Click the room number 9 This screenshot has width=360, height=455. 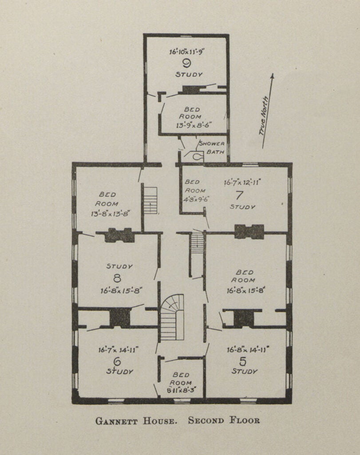(186, 63)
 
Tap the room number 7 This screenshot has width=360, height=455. (239, 195)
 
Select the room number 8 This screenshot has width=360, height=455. (117, 279)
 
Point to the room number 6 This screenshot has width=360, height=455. (117, 361)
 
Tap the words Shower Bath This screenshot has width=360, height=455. (212, 148)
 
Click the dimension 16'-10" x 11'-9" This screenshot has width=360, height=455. (186, 52)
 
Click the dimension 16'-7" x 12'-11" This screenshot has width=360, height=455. (242, 181)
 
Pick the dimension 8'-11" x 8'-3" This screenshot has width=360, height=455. (182, 390)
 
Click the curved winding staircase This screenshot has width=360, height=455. (172, 316)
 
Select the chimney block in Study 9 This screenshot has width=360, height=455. (191, 90)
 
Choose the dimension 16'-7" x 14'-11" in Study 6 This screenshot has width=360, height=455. (119, 350)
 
